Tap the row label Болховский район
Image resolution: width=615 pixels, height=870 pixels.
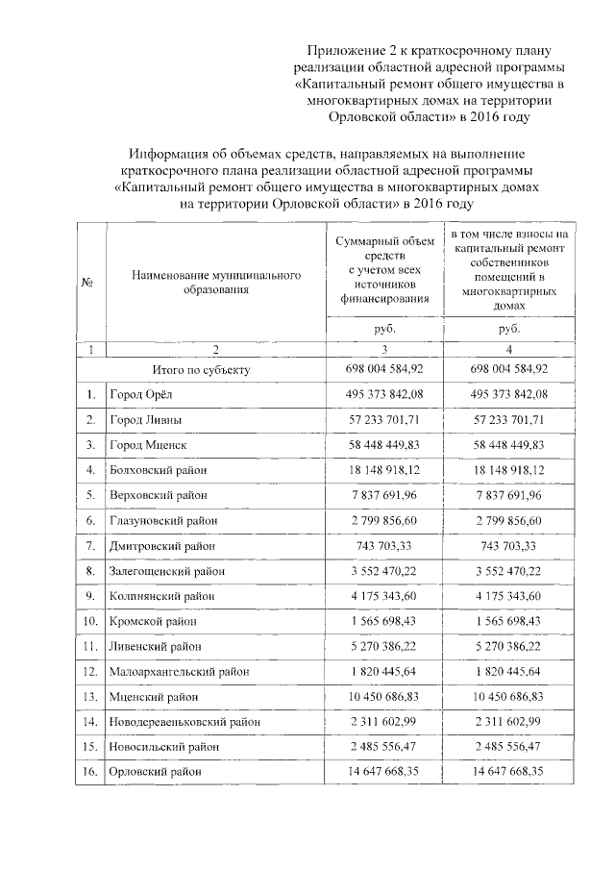click(x=159, y=469)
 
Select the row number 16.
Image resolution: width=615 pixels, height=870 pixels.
click(x=89, y=770)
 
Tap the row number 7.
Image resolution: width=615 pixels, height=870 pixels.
click(x=89, y=545)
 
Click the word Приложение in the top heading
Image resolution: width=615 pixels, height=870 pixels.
click(x=341, y=48)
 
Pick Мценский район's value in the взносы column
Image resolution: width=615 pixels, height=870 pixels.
click(x=509, y=695)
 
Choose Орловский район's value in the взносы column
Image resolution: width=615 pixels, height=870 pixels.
click(x=509, y=770)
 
